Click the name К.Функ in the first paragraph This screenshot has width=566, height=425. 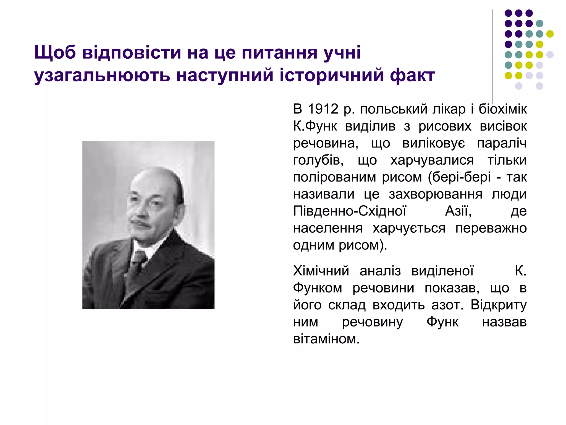pos(315,126)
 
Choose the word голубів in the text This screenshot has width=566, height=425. pos(318,160)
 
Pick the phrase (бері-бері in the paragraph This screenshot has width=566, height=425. pos(459,177)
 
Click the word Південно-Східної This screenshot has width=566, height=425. pos(350,211)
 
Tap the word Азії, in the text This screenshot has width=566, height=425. pos(458,211)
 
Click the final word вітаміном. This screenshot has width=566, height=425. pos(326,339)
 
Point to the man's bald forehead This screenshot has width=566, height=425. pos(151,183)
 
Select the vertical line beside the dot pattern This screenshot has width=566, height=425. pos(493,55)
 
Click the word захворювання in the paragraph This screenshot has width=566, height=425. pos(435,195)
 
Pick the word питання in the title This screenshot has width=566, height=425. pos(279,52)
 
